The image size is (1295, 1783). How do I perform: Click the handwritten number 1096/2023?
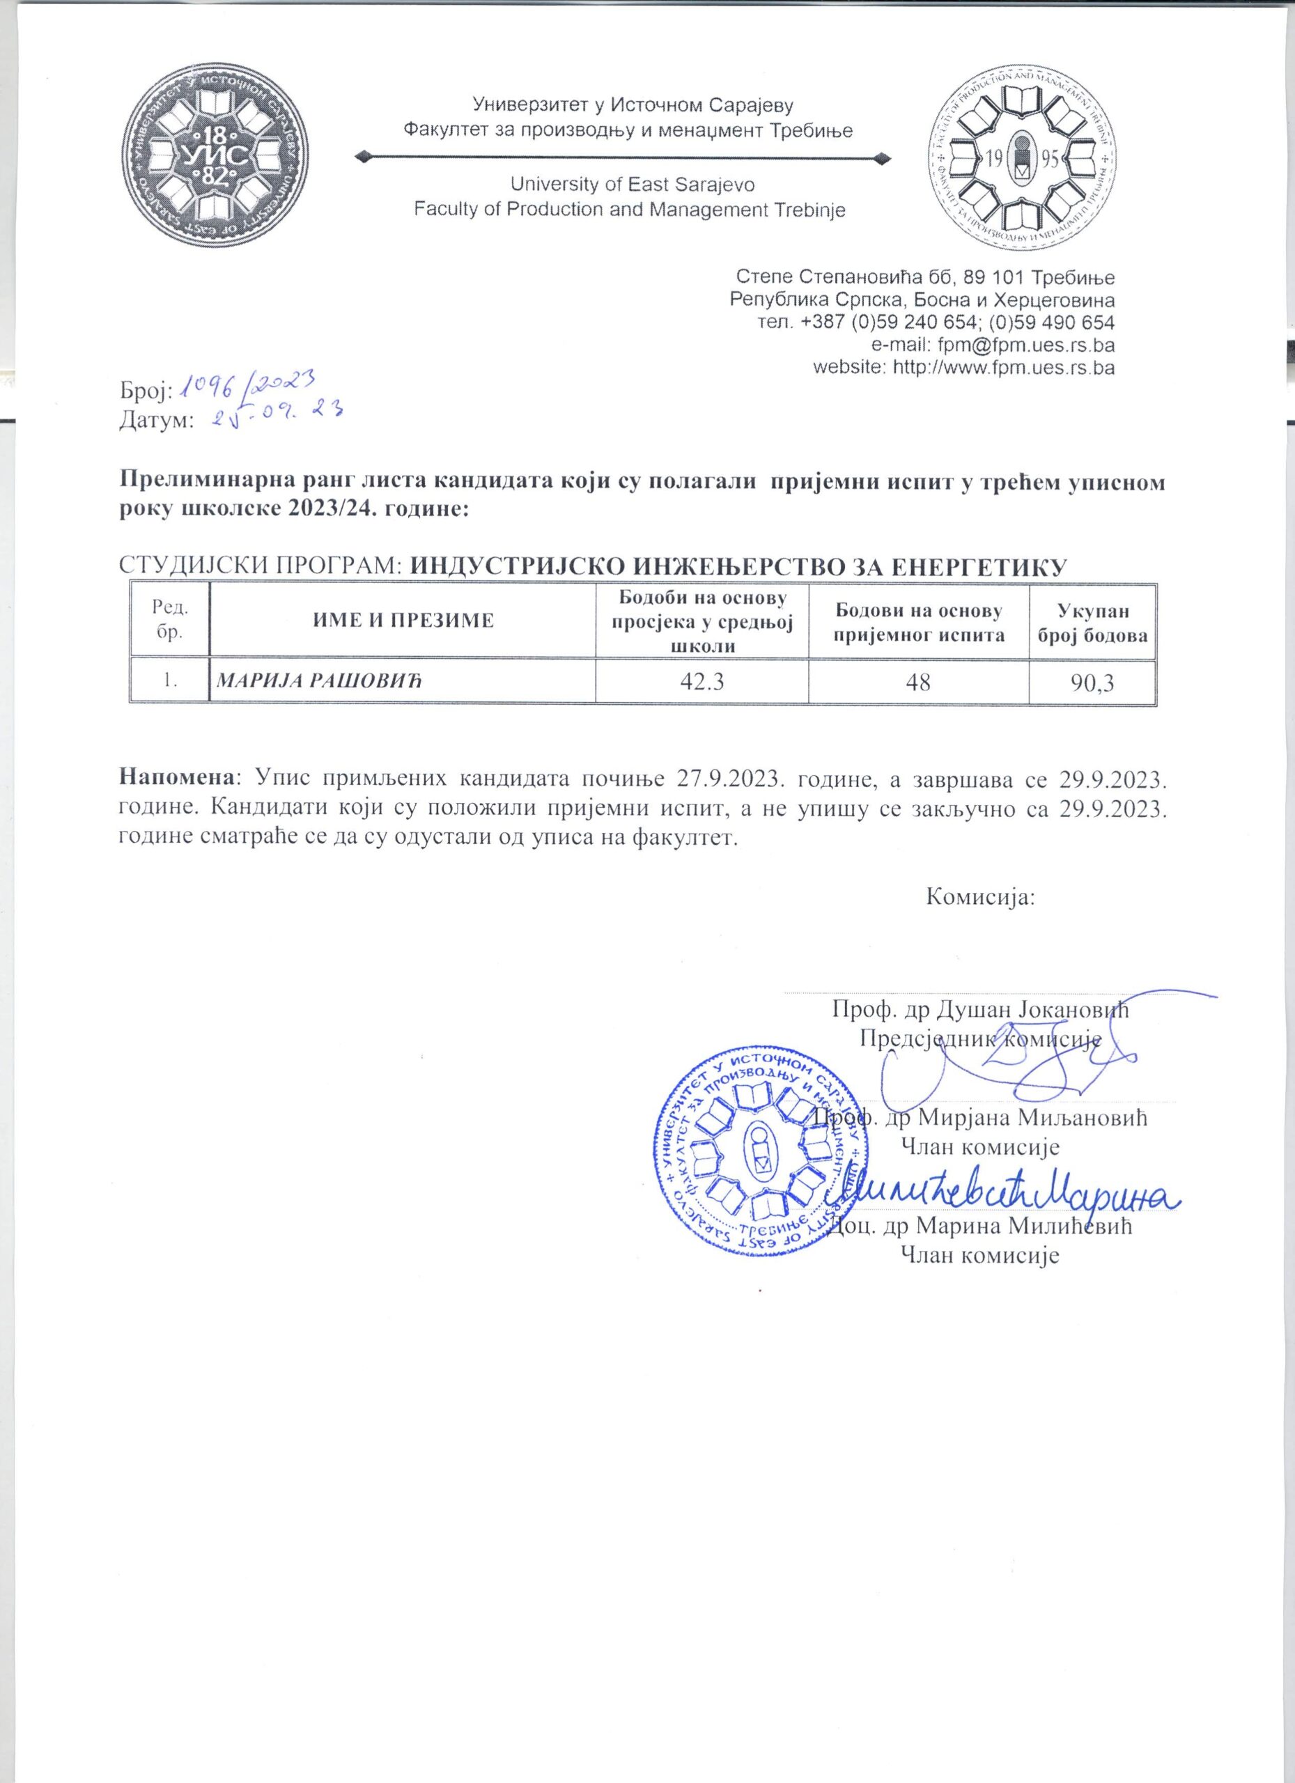tap(248, 385)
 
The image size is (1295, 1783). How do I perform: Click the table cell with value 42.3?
tap(701, 680)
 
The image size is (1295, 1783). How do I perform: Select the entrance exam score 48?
tap(917, 680)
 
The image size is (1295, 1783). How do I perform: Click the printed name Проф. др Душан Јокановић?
tap(979, 1009)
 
